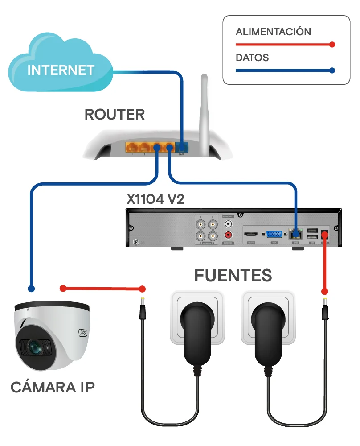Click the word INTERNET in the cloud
point(61,70)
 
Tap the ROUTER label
point(115,114)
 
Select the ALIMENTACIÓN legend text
point(273,32)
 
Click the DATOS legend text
point(252,58)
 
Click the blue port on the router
point(181,147)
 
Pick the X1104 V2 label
point(155,199)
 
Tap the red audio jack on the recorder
point(229,235)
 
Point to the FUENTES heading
point(233,275)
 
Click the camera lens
point(33,346)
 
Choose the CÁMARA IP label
point(53,387)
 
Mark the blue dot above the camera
point(31,289)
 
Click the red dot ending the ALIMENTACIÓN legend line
point(331,45)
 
